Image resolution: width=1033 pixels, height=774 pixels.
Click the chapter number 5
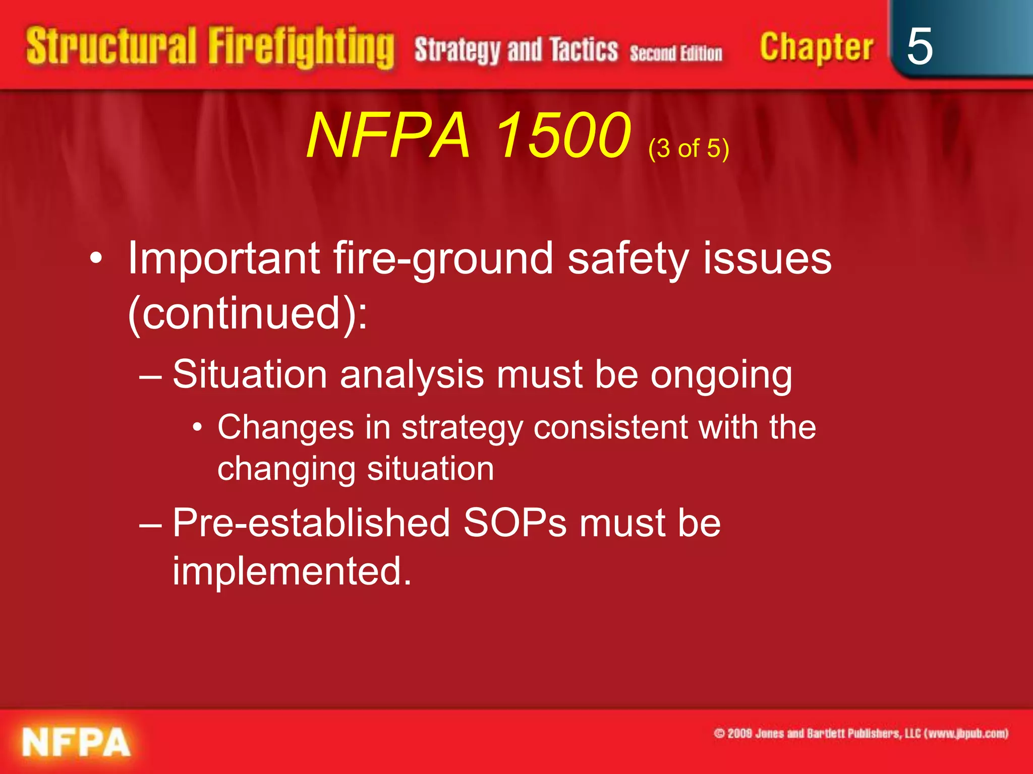(920, 46)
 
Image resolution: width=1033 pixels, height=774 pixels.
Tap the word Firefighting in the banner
(301, 48)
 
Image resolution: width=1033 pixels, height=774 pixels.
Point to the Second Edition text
(676, 53)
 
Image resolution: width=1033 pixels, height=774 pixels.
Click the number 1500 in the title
(563, 135)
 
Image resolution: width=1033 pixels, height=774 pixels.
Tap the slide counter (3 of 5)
(688, 149)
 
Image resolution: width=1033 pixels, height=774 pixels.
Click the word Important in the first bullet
(223, 259)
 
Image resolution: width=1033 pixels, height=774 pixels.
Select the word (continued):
(248, 313)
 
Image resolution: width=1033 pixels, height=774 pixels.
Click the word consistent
(610, 427)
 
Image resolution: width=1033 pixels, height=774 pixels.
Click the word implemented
(292, 571)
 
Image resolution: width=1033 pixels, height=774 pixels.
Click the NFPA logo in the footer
(76, 742)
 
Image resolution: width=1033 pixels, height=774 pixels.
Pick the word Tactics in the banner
(584, 50)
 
